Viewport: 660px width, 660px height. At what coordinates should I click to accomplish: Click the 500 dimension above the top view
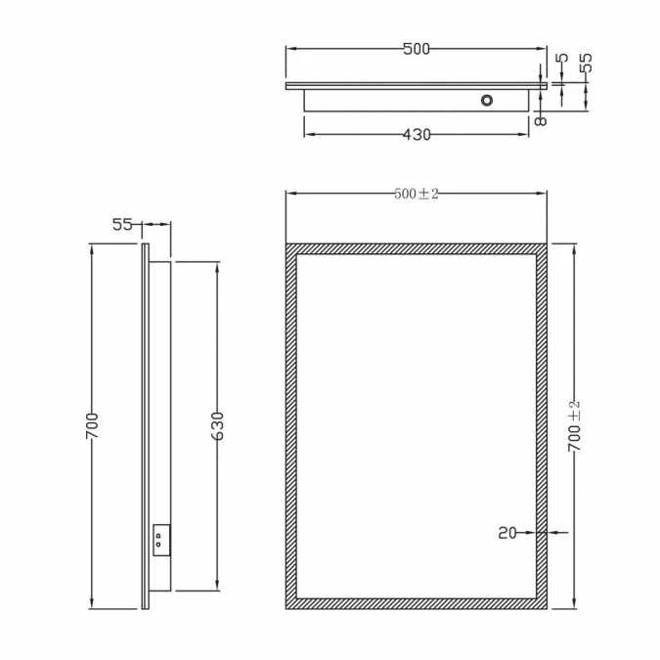click(x=416, y=49)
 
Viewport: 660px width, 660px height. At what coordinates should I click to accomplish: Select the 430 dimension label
click(x=416, y=135)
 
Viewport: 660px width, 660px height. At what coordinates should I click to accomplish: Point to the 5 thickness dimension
click(x=561, y=59)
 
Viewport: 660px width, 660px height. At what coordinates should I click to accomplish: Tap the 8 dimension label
click(x=539, y=119)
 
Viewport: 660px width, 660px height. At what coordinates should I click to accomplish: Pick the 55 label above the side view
click(x=122, y=224)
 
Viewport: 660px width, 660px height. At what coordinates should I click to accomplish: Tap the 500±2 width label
click(x=417, y=194)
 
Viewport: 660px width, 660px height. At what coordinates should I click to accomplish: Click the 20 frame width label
click(x=506, y=533)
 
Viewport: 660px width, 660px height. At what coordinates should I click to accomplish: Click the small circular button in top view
click(x=486, y=100)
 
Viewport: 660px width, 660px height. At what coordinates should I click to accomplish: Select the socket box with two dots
click(x=160, y=541)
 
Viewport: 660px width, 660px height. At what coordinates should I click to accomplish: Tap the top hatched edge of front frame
click(x=416, y=249)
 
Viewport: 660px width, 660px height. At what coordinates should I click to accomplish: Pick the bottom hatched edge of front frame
click(x=416, y=603)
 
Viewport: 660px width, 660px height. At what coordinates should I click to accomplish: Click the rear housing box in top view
click(x=391, y=102)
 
